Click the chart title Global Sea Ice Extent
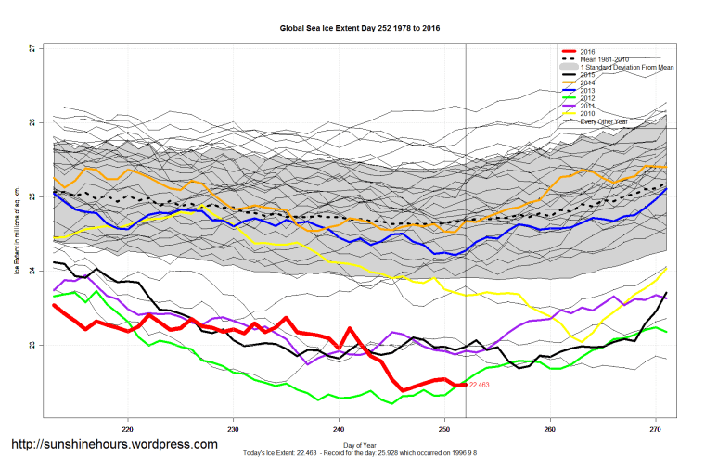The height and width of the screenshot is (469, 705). click(360, 28)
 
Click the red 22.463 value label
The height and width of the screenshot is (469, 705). click(480, 384)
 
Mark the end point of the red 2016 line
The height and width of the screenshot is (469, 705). click(465, 384)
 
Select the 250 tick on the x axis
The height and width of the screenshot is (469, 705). click(444, 428)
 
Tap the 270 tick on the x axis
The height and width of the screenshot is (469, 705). click(655, 428)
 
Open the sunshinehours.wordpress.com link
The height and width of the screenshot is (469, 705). click(114, 444)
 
